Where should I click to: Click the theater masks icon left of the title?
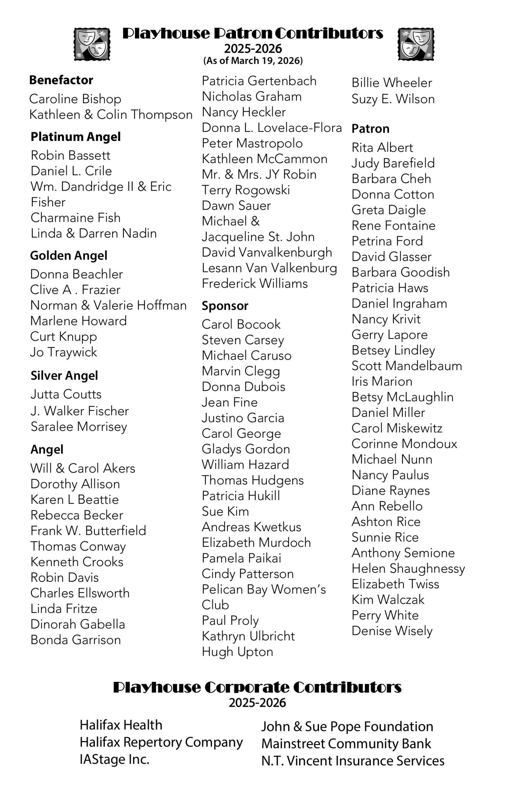[92, 44]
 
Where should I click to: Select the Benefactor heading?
[61, 80]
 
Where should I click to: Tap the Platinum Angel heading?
[76, 137]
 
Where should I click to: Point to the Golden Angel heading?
[69, 256]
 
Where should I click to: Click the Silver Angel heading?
[64, 375]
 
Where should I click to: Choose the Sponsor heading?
[225, 306]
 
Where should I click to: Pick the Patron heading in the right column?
[370, 129]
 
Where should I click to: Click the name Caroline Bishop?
[75, 99]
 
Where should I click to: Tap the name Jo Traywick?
[63, 352]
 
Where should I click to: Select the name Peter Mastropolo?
[252, 143]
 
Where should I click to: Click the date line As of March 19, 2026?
[253, 61]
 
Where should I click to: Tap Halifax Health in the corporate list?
[121, 725]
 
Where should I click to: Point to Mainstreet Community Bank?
[346, 744]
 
